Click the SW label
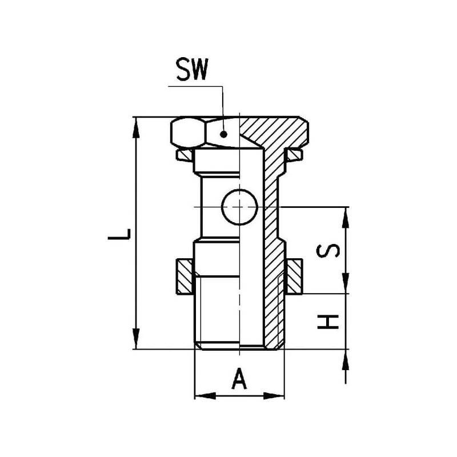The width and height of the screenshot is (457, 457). click(193, 69)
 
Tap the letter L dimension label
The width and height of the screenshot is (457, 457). click(119, 234)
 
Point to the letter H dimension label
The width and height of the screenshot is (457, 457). click(328, 322)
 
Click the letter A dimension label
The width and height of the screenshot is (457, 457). click(239, 378)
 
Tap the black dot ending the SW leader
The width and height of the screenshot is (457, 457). click(223, 134)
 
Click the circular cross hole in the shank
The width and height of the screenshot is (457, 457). click(239, 207)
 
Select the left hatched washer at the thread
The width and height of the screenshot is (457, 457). click(185, 276)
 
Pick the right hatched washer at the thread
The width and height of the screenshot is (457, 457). click(294, 276)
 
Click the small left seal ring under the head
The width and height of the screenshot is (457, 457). click(184, 155)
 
